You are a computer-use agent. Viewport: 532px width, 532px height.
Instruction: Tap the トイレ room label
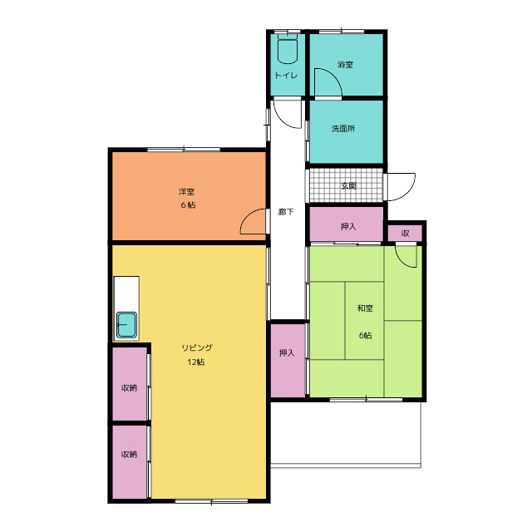tap(286, 76)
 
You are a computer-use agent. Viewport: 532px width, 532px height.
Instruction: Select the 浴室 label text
tap(346, 65)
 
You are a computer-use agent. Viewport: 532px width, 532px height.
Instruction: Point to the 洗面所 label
tap(343, 129)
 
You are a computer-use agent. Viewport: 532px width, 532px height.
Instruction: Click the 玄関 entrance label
tap(349, 185)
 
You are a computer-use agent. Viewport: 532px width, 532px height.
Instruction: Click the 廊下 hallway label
tap(286, 212)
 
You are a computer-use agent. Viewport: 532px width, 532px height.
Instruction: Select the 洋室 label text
tap(186, 192)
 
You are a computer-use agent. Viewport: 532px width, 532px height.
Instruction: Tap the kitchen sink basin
tap(126, 325)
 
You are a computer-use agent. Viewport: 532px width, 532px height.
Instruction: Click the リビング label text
tap(197, 347)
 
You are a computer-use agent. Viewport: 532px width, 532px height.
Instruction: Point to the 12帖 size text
tap(196, 362)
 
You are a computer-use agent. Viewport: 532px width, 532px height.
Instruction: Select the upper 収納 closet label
tap(130, 388)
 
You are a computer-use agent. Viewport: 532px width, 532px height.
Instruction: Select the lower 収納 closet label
tap(130, 455)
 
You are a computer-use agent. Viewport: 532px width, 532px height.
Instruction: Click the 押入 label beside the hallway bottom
tap(287, 352)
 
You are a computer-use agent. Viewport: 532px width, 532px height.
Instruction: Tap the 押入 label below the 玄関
tap(348, 227)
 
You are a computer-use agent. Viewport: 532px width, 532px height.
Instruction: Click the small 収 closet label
tap(405, 234)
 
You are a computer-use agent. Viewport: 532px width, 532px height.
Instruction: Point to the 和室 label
tap(365, 308)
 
